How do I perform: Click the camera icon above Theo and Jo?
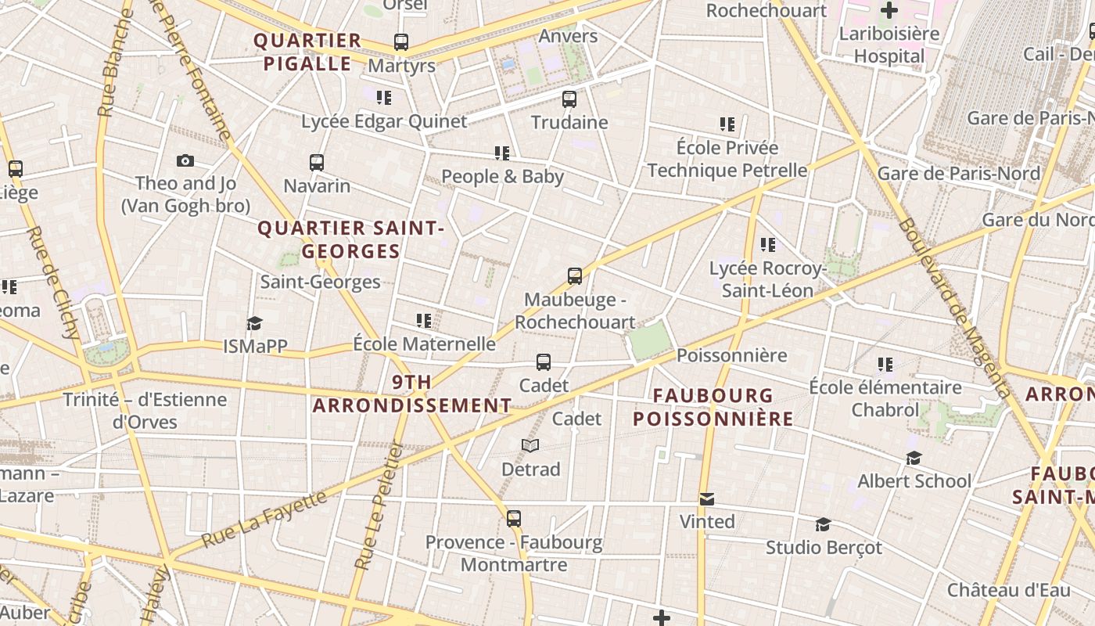coord(185,160)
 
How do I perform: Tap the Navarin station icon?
coord(317,163)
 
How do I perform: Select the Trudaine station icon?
coord(569,99)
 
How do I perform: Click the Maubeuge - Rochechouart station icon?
coord(575,276)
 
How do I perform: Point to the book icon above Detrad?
coord(530,445)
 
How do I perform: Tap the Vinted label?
coord(707,522)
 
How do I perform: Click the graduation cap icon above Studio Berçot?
coord(823,524)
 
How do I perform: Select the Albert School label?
coord(914,481)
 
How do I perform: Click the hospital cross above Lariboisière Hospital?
coord(889,11)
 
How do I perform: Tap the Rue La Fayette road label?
coord(264,518)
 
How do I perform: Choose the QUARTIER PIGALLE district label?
coord(307,52)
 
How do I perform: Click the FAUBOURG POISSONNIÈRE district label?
coord(713,407)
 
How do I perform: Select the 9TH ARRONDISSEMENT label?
coord(412,394)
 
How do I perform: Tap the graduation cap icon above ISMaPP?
coord(254,323)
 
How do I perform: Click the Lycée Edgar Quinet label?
coord(384,121)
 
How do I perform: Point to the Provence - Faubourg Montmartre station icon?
coord(514,519)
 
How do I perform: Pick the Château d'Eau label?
coord(1008,590)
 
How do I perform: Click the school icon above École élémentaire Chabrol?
coord(885,364)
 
